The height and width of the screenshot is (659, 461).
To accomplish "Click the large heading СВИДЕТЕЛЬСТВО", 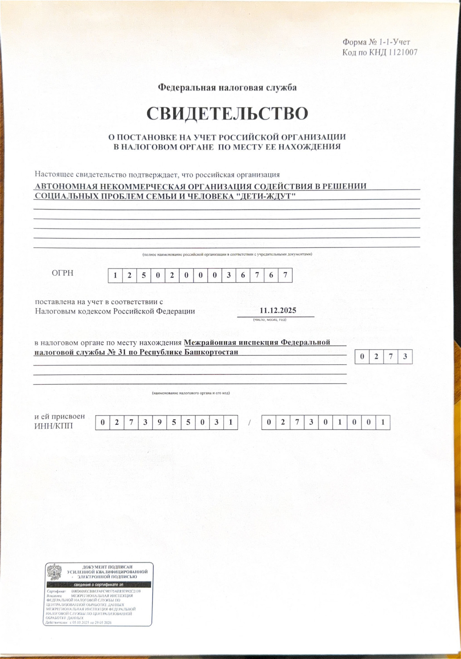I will pyautogui.click(x=227, y=114).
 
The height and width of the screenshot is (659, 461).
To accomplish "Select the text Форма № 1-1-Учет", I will pyautogui.click(x=376, y=42).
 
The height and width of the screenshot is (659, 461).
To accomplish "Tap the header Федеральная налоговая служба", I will pyautogui.click(x=227, y=87).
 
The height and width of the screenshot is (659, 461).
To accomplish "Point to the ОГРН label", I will pyautogui.click(x=62, y=273).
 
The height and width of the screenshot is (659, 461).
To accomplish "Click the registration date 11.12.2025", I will pyautogui.click(x=278, y=311).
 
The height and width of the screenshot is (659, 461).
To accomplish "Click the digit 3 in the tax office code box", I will pyautogui.click(x=405, y=357).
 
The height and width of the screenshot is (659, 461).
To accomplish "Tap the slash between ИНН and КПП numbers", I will pyautogui.click(x=249, y=423).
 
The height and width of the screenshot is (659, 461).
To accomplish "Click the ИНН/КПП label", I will pyautogui.click(x=54, y=426).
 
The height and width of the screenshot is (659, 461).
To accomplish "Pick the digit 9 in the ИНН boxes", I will pyautogui.click(x=159, y=423).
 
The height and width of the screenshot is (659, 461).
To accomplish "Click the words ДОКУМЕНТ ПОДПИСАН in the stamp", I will pyautogui.click(x=107, y=567).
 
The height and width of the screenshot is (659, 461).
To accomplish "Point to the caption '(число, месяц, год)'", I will pyautogui.click(x=270, y=319).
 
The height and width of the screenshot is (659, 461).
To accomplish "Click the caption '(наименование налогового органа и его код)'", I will pyautogui.click(x=191, y=393).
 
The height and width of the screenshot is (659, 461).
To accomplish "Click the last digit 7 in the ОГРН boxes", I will pyautogui.click(x=285, y=275).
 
